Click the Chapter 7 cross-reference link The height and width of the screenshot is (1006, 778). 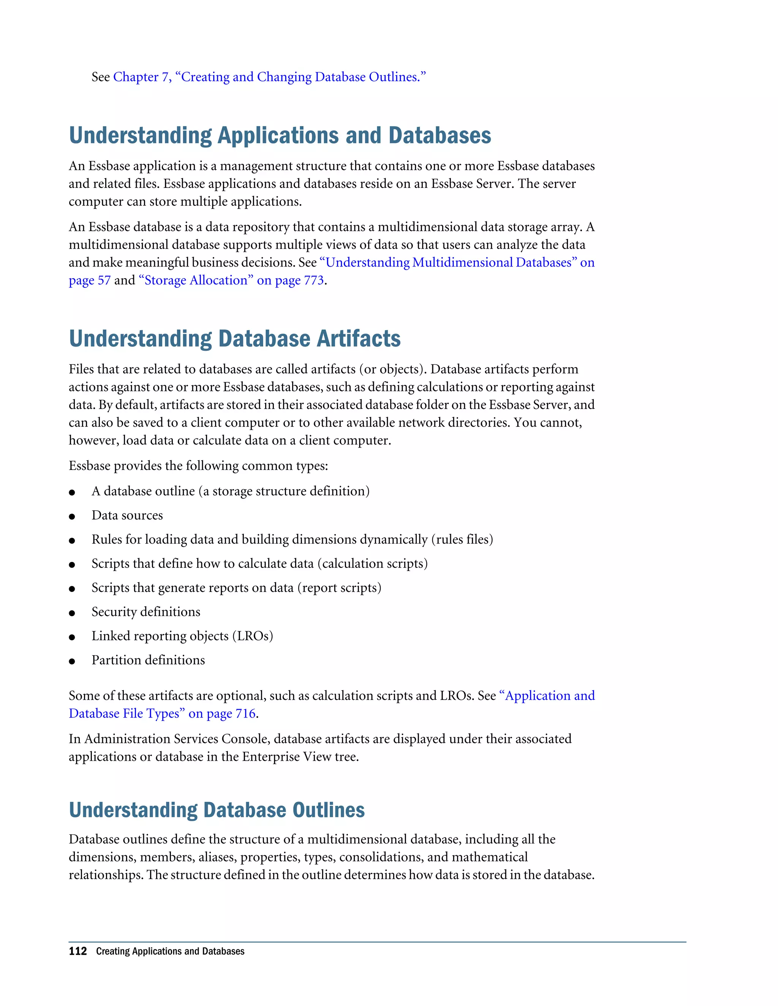[269, 77]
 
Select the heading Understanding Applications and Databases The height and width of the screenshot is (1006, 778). [280, 136]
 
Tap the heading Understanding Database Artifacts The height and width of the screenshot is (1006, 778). [235, 339]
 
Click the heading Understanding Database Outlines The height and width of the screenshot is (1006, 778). [217, 810]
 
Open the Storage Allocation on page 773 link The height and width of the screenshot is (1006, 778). [231, 281]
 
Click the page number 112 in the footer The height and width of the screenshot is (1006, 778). [77, 952]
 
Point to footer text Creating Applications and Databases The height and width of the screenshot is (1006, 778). [170, 952]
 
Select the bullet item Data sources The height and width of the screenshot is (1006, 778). [127, 516]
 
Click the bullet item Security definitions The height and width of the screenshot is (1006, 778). [145, 612]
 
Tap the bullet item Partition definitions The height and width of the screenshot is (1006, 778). [148, 661]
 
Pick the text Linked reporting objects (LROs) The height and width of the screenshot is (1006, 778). [182, 636]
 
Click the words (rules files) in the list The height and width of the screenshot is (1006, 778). [462, 539]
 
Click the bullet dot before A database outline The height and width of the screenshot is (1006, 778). [72, 492]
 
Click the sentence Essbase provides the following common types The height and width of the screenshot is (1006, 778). [198, 466]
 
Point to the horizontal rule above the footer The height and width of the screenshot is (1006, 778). [377, 942]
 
